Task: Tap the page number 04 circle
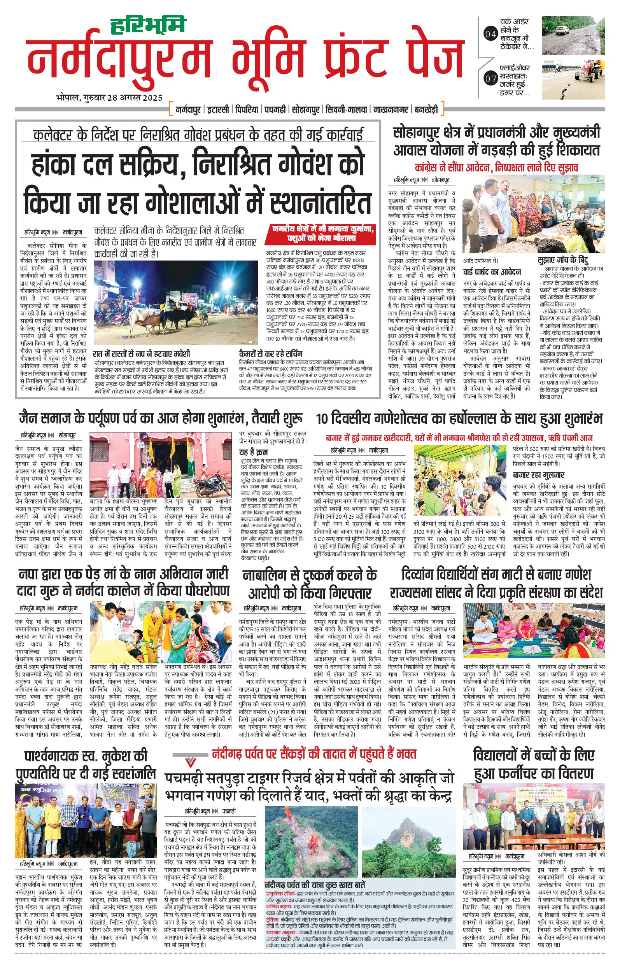click(490, 35)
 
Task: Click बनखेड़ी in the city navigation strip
click(426, 109)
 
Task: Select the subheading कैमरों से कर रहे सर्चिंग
click(270, 354)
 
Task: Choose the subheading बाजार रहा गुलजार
click(538, 475)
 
